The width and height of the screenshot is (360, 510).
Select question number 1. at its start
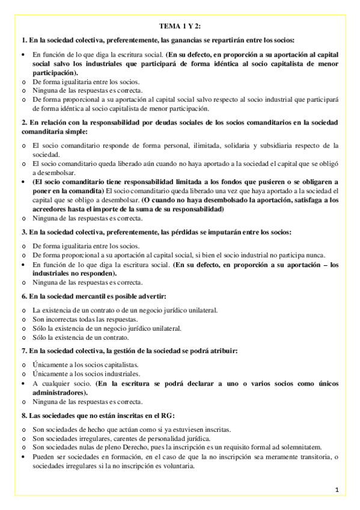[x=23, y=40]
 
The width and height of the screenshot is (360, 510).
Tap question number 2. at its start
[x=23, y=122]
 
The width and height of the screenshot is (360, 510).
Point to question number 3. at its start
[x=23, y=232]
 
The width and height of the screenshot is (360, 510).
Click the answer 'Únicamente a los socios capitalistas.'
[x=85, y=364]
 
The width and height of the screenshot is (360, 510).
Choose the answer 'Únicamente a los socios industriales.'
[x=85, y=373]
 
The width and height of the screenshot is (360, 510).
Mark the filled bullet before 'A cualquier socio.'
[x=23, y=382]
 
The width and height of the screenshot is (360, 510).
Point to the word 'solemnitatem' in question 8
[x=302, y=447]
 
